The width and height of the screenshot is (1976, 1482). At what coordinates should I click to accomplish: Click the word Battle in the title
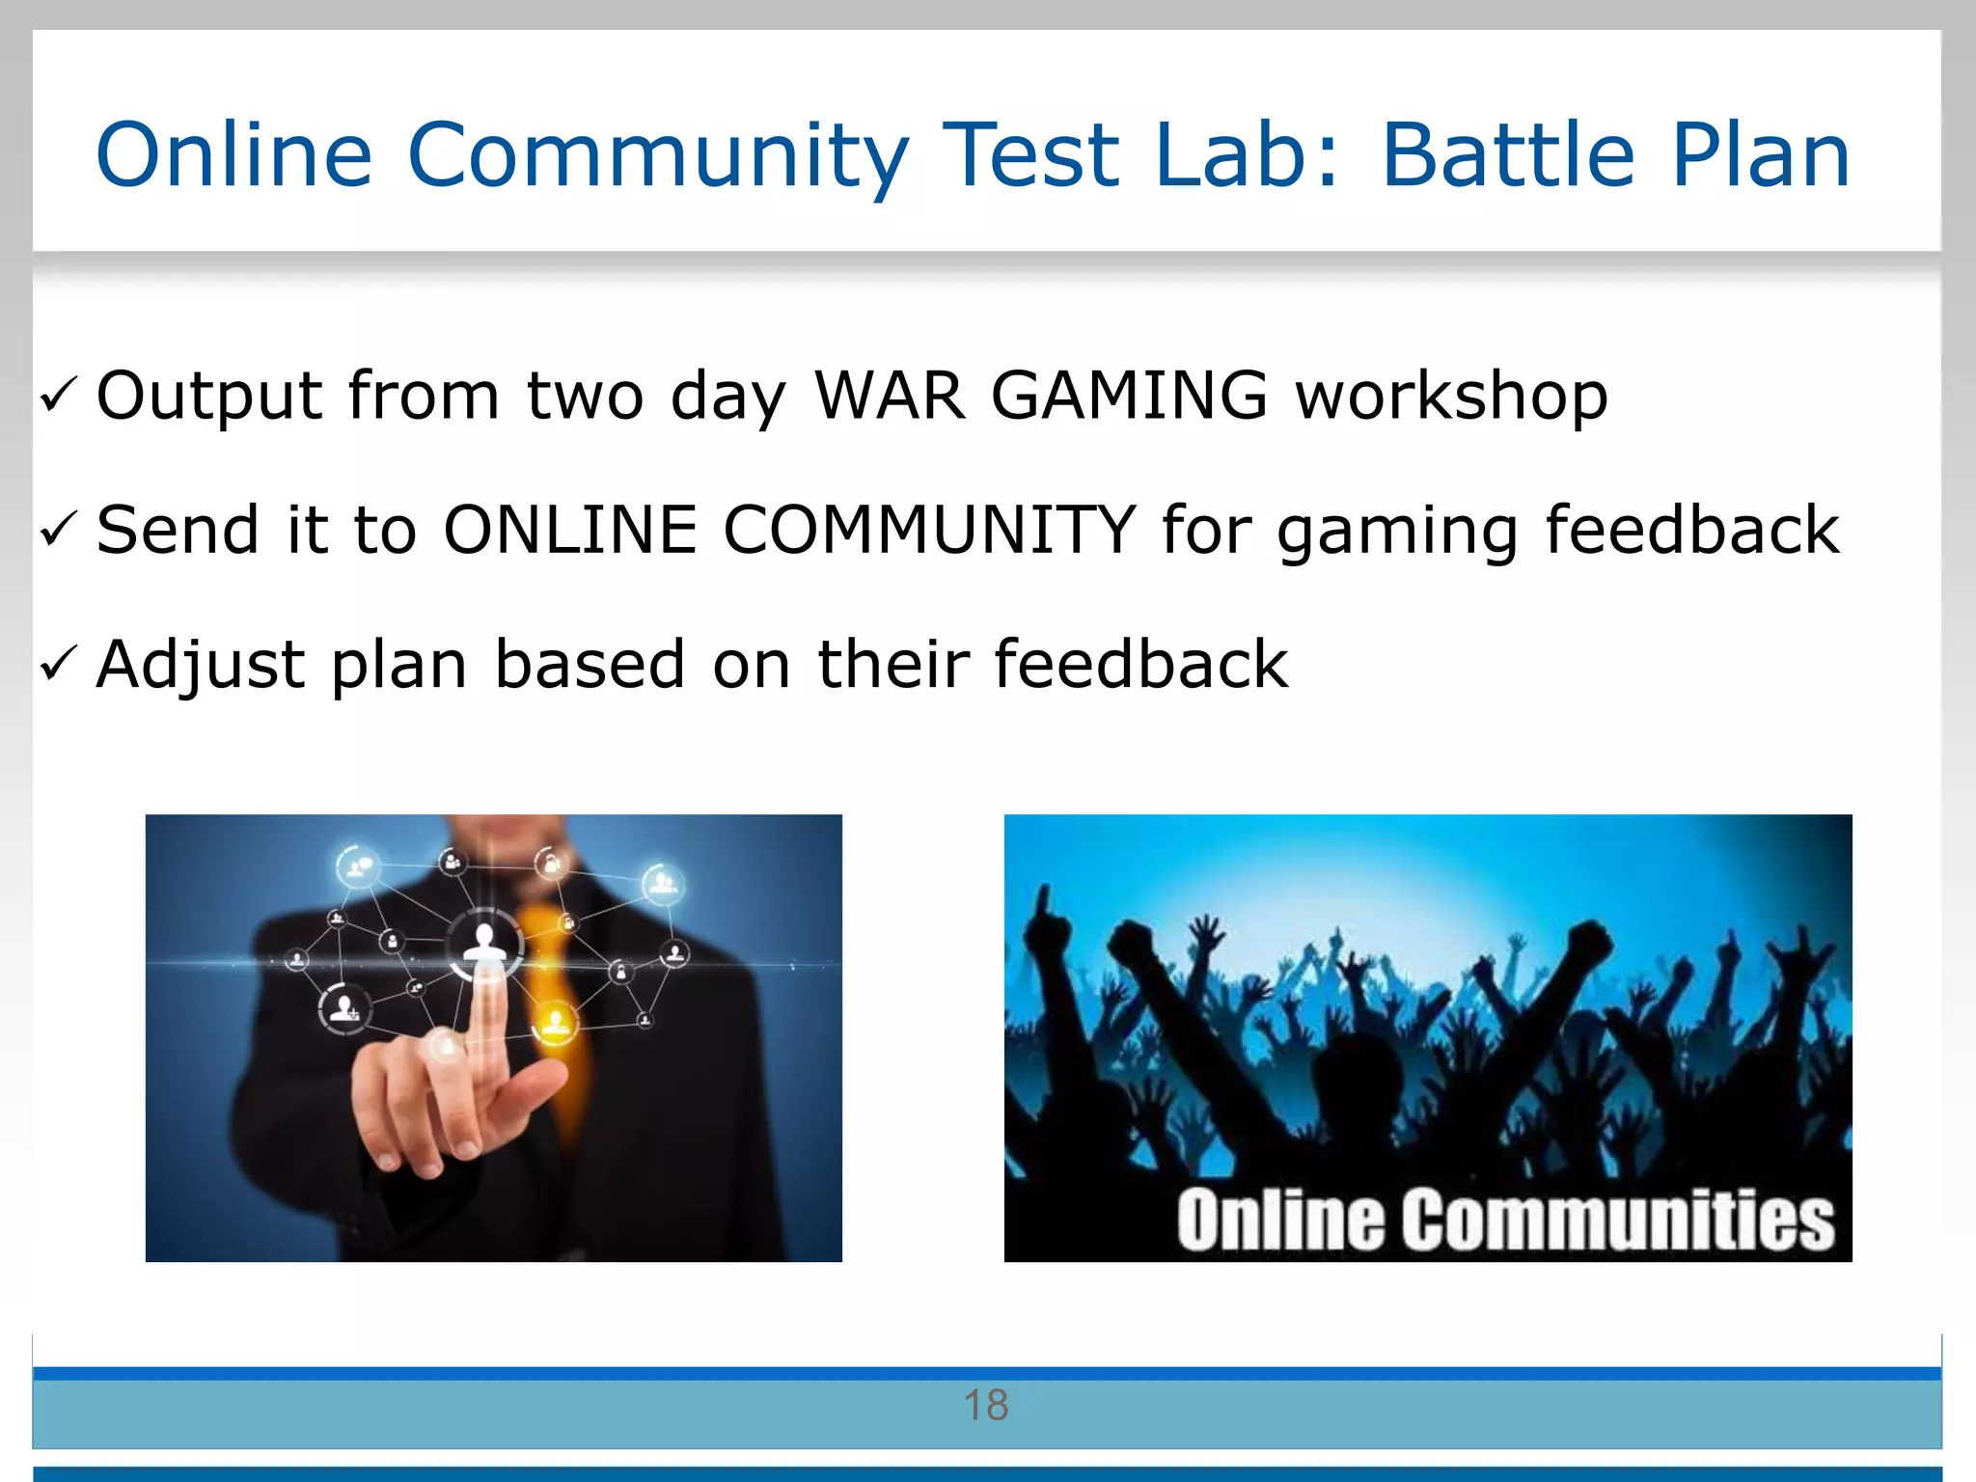coord(1509,156)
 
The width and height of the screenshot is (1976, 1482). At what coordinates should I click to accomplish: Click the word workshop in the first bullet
coord(1451,396)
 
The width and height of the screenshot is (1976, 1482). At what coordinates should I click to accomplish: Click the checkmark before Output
coord(58,396)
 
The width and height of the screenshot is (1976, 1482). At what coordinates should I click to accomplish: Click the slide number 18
coord(986,1406)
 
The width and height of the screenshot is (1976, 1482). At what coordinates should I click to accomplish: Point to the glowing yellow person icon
coord(555,1021)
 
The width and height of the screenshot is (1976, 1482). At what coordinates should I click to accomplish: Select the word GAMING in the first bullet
coord(1129,396)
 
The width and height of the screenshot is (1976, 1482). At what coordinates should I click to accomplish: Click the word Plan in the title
coord(1760,156)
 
